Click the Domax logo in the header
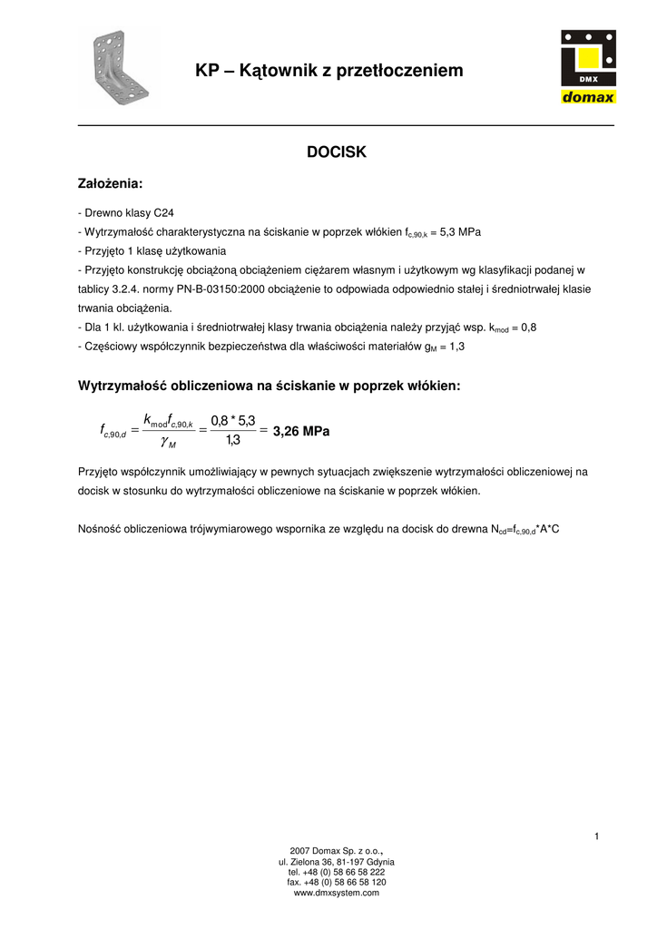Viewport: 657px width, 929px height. tap(587, 68)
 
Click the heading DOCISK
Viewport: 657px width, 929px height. tap(337, 152)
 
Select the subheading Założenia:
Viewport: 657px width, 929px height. tap(111, 184)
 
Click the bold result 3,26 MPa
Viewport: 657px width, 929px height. tap(301, 432)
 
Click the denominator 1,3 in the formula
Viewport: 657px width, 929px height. tap(233, 442)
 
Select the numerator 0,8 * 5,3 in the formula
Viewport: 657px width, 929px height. tap(233, 420)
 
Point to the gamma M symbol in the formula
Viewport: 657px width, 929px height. tap(168, 443)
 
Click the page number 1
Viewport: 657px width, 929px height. tap(597, 836)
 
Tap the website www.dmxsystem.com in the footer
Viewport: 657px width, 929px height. tap(337, 893)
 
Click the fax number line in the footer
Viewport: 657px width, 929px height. tap(337, 882)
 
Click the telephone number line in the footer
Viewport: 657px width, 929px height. tap(337, 872)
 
